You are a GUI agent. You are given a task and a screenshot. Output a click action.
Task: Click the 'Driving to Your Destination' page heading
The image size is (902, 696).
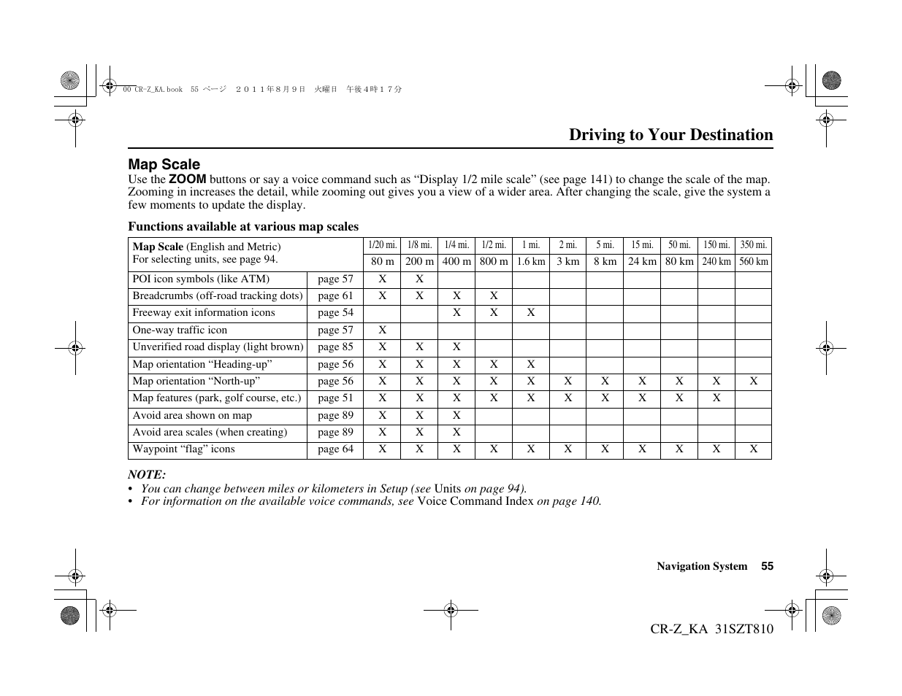(x=670, y=135)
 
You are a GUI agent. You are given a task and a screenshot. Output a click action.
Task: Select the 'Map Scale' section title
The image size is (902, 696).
(x=164, y=165)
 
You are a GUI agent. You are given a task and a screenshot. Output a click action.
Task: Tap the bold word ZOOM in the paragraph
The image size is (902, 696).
(x=188, y=179)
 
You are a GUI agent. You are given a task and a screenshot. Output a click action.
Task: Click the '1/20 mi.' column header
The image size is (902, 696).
(x=382, y=245)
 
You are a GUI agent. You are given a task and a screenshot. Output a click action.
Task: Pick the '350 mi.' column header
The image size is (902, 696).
(x=753, y=245)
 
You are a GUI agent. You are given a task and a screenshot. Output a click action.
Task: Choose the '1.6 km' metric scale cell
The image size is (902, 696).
(x=531, y=262)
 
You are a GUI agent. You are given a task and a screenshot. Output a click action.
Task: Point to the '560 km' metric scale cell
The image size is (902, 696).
(x=753, y=262)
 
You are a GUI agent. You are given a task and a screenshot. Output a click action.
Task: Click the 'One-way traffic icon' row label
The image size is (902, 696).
(x=180, y=330)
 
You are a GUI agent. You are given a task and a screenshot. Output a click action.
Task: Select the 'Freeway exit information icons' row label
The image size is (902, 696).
(x=204, y=313)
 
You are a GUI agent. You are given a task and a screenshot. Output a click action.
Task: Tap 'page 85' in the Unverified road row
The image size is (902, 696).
(x=335, y=347)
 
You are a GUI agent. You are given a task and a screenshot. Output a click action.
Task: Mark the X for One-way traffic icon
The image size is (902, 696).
(x=382, y=330)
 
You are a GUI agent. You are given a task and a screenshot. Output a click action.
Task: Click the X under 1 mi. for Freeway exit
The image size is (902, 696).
(x=531, y=313)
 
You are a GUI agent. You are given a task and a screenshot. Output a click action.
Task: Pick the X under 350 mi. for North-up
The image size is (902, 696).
(x=753, y=382)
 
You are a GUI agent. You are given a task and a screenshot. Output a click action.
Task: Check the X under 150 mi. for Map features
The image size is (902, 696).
(x=716, y=398)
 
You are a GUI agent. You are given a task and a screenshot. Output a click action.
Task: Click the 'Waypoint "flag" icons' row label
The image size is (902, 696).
(x=183, y=449)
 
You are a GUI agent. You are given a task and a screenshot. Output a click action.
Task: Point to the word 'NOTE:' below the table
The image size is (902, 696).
(x=147, y=474)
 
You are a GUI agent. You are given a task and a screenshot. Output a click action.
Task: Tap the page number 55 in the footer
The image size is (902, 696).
(x=767, y=566)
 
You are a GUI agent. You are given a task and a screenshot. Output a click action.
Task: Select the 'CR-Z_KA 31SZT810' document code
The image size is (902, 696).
(x=711, y=629)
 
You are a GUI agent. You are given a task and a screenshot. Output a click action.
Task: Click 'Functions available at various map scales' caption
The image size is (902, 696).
(x=243, y=227)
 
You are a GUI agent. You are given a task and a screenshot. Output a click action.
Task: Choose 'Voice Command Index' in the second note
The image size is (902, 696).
(x=475, y=501)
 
